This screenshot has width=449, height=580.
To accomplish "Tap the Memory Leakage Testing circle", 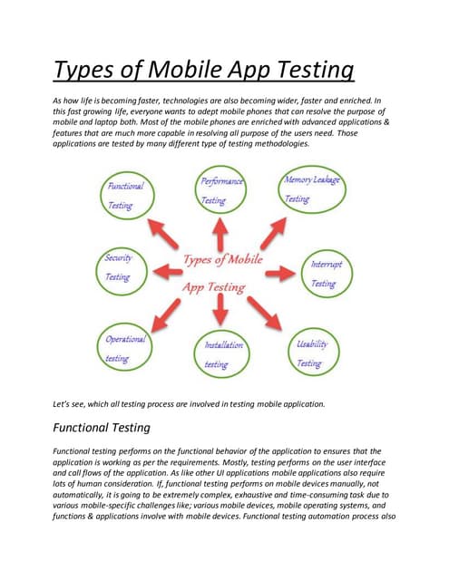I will [x=311, y=189].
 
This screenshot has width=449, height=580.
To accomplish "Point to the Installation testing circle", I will [x=221, y=354].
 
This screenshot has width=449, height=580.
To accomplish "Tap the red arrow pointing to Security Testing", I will [x=165, y=268].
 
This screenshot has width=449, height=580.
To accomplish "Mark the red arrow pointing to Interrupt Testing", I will [x=279, y=271].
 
